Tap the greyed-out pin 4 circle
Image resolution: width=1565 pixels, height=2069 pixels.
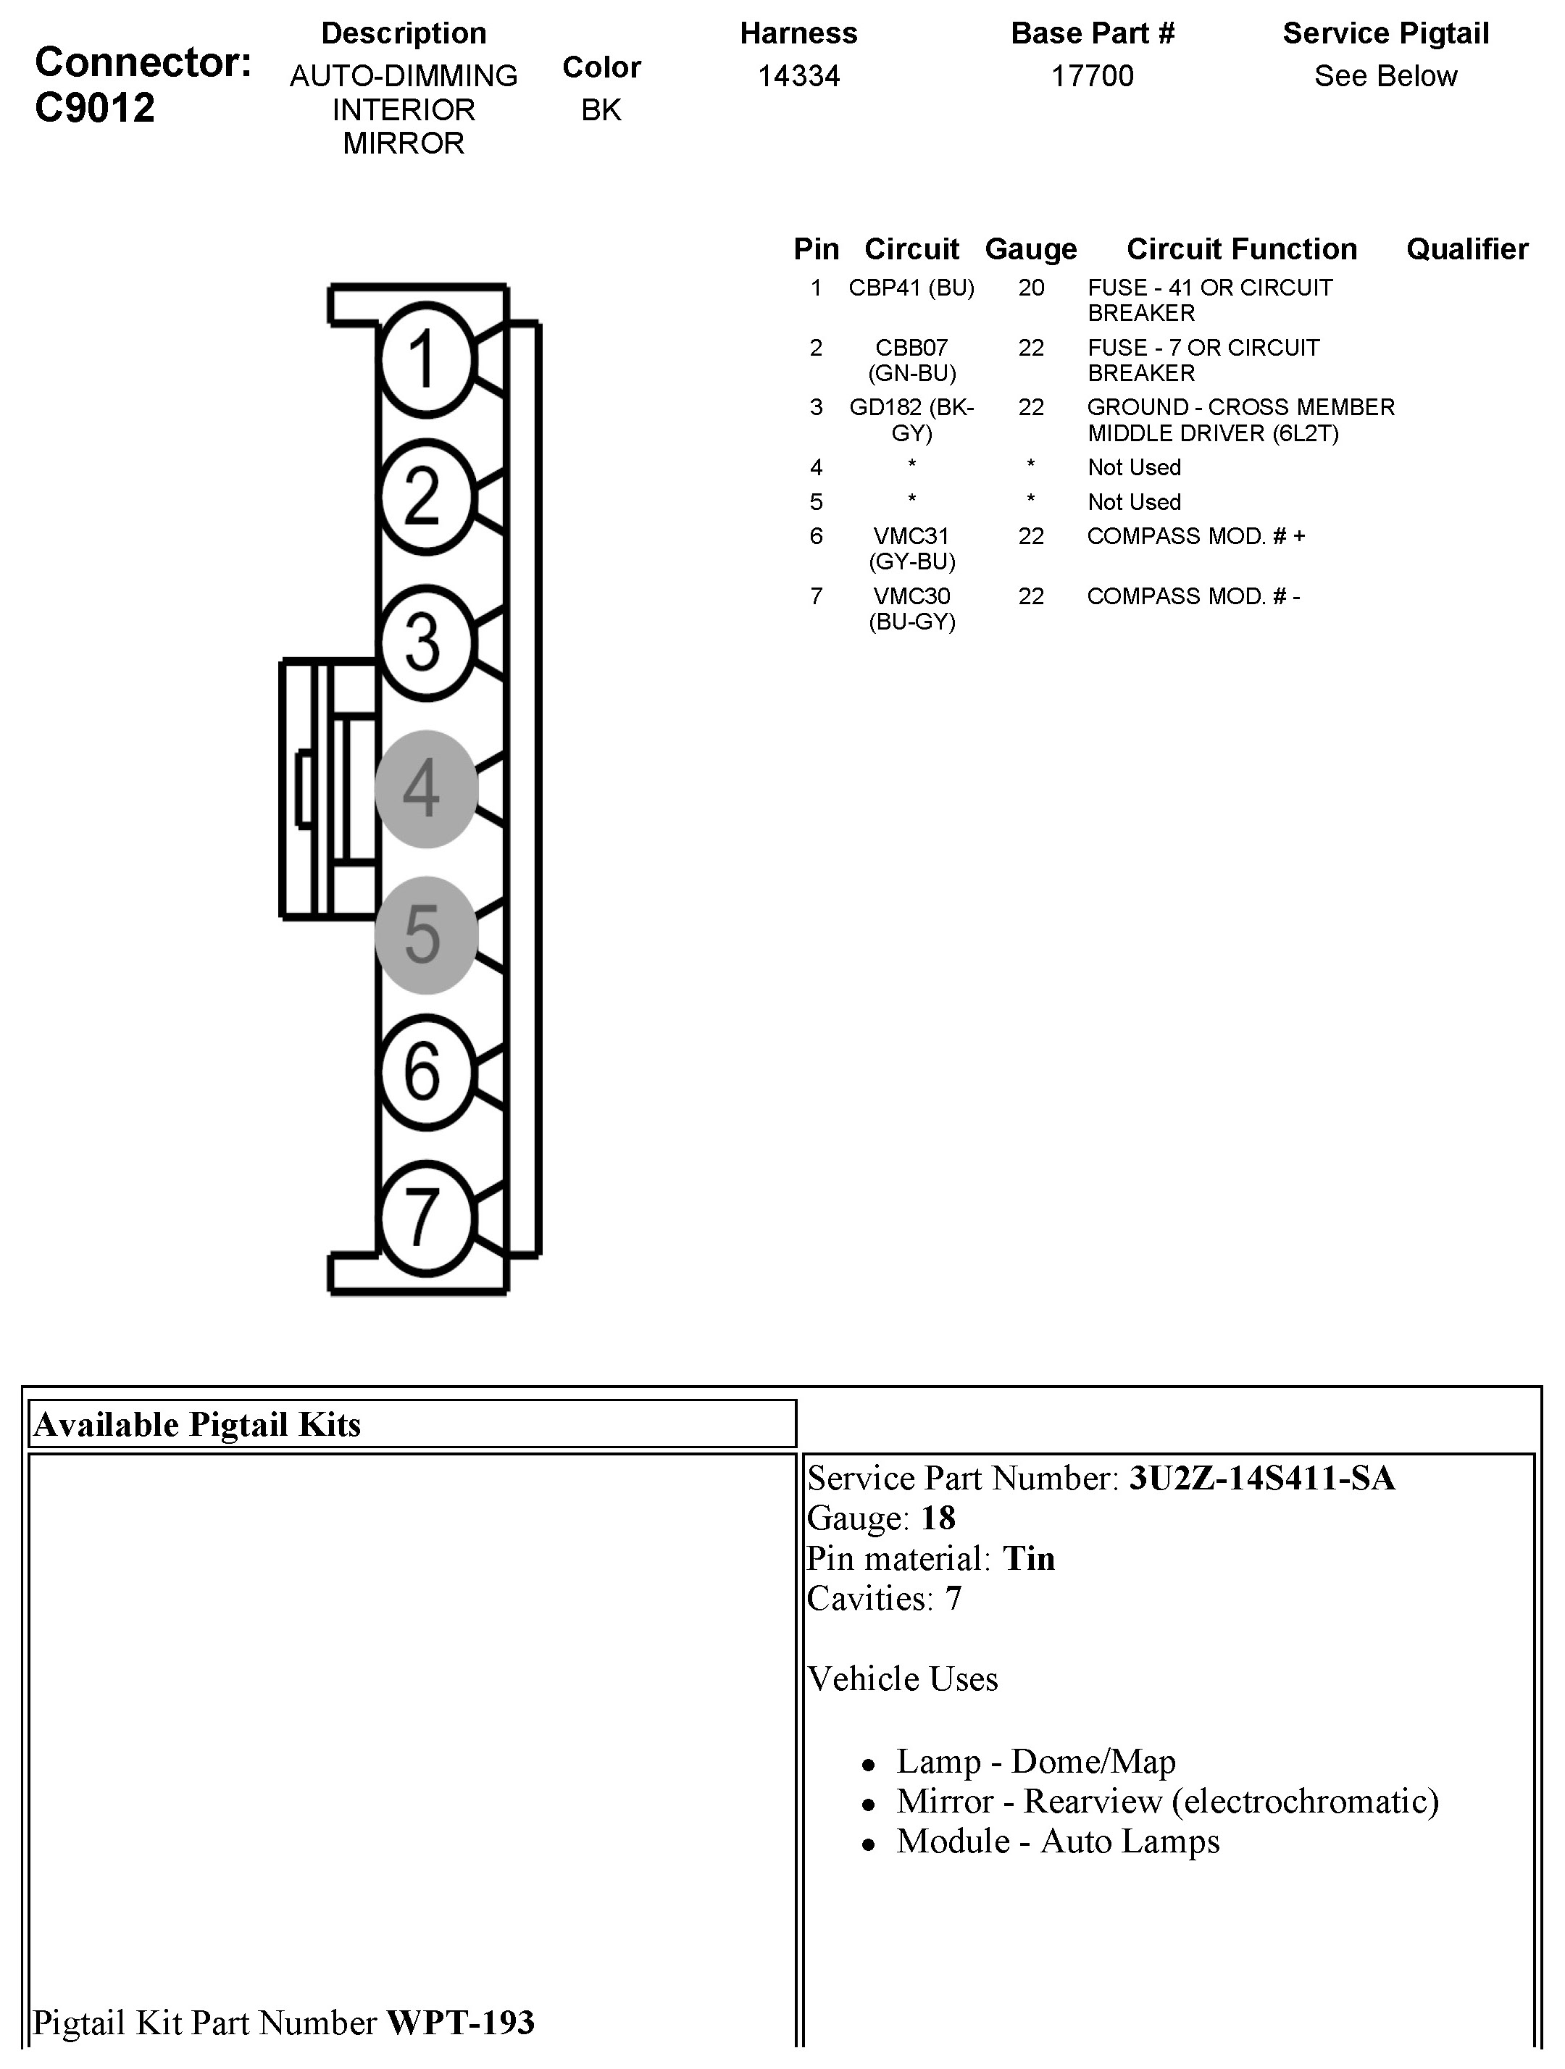click(425, 788)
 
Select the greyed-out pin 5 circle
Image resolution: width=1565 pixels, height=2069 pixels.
click(425, 935)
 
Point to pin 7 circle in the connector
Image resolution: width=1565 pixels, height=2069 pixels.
click(425, 1218)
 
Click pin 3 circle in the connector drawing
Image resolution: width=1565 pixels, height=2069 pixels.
click(425, 643)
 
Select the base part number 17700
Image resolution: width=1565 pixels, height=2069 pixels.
click(1092, 76)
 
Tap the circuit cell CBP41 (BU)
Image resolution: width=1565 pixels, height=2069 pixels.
click(911, 288)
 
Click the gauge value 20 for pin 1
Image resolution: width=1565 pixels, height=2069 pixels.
click(1031, 288)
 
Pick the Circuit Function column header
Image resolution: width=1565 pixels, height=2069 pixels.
click(1241, 248)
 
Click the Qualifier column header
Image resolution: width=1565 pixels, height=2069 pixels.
click(1466, 248)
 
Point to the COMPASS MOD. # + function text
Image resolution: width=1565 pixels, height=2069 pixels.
click(1195, 536)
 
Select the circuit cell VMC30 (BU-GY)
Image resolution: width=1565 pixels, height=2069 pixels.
click(911, 609)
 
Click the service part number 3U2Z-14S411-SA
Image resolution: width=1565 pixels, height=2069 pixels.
click(1262, 1479)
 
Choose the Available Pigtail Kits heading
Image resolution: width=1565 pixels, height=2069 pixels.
click(196, 1424)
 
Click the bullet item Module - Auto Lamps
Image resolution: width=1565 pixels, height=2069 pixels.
click(1057, 1842)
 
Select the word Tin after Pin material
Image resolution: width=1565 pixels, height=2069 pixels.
click(1029, 1559)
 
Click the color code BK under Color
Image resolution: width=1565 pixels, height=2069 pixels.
click(601, 110)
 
